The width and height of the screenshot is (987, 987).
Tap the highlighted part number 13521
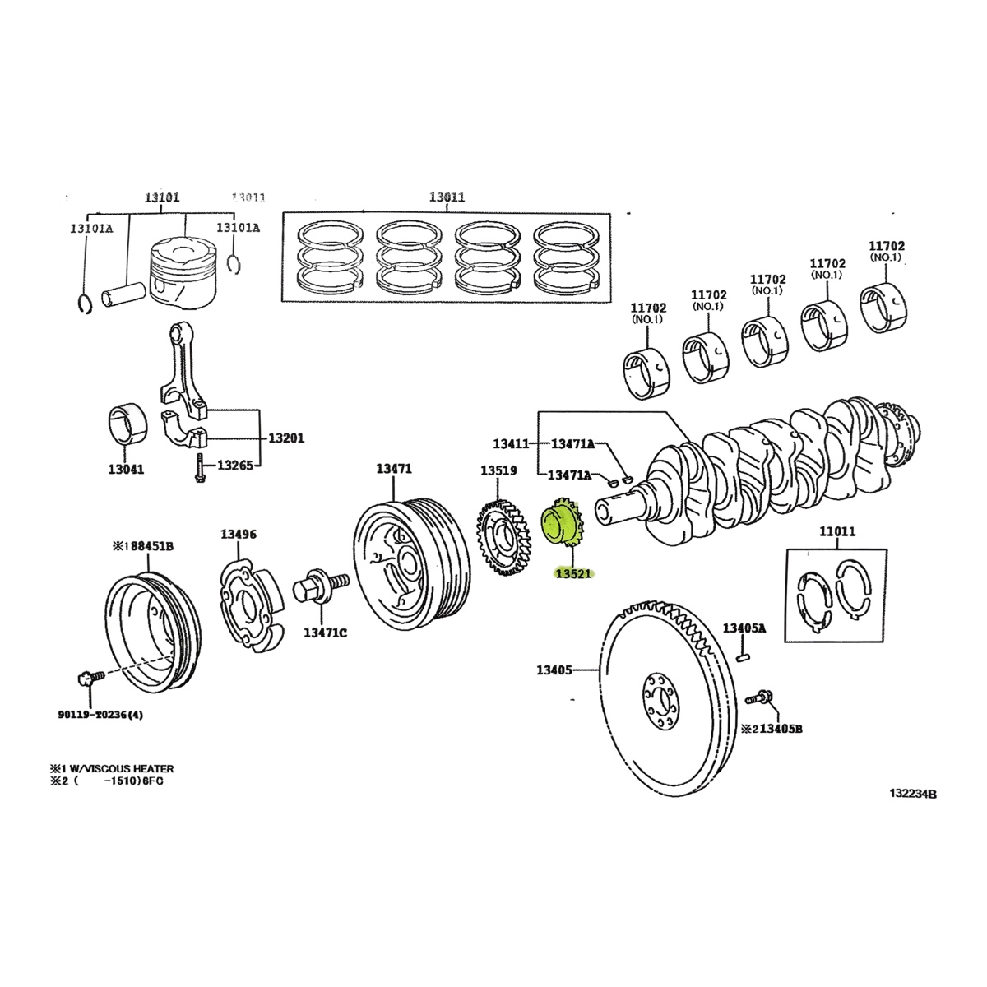(x=573, y=574)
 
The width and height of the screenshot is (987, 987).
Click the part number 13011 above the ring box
(x=447, y=197)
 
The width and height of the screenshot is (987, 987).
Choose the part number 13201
(x=285, y=438)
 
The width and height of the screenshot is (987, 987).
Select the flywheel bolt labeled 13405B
(x=761, y=698)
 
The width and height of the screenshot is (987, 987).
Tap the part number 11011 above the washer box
(x=837, y=532)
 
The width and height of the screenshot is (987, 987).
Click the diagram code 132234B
(x=912, y=795)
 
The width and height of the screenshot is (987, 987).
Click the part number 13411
(x=511, y=444)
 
